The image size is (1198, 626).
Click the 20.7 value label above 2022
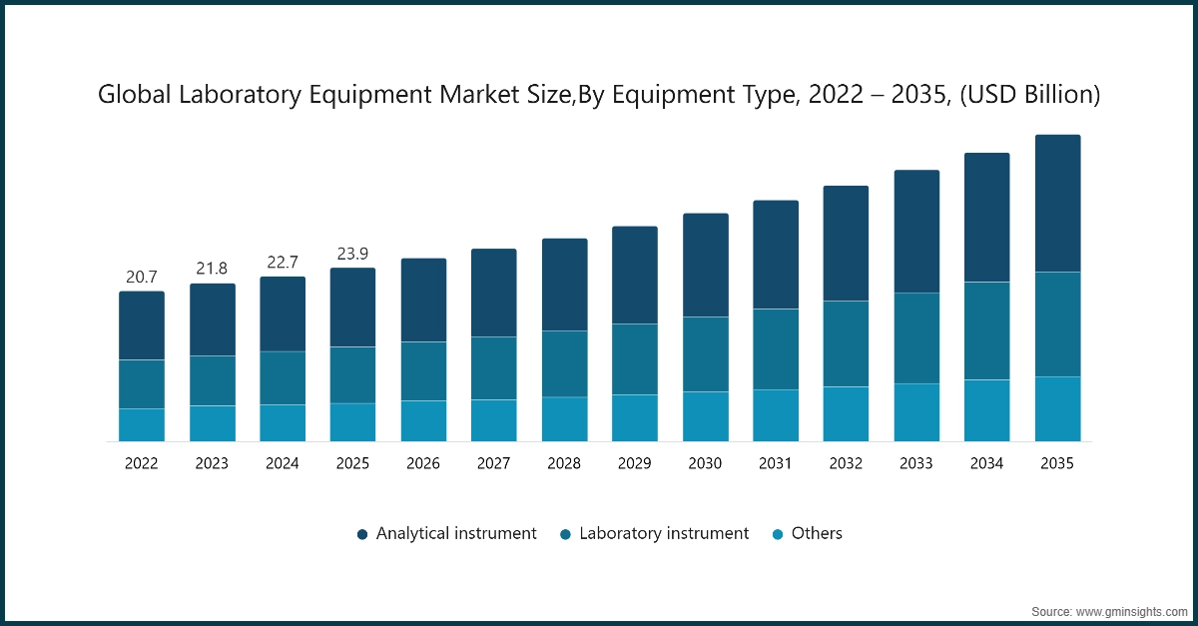click(x=142, y=276)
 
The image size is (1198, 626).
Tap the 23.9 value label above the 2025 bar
click(x=352, y=254)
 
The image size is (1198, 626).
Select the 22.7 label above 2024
click(x=283, y=262)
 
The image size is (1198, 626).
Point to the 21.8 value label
click(x=212, y=269)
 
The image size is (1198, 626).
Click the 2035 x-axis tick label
click(x=1057, y=463)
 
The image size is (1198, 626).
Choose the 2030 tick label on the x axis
click(x=705, y=463)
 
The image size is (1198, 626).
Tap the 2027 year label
click(x=494, y=463)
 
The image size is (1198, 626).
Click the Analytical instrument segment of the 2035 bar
click(x=1057, y=203)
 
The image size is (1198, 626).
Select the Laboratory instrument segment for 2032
click(x=846, y=343)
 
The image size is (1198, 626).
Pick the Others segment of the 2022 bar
click(x=142, y=424)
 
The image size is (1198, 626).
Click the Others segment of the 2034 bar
click(x=986, y=410)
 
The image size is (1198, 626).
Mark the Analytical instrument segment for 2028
click(x=564, y=285)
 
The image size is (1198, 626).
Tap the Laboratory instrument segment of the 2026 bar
click(x=423, y=371)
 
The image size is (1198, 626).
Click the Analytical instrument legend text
click(x=456, y=533)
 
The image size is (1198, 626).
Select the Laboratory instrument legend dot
click(x=565, y=534)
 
